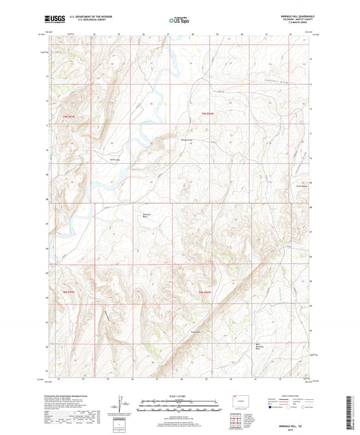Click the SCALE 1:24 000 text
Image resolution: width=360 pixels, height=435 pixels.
click(x=179, y=395)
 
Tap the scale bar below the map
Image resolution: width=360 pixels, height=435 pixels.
click(x=179, y=405)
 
